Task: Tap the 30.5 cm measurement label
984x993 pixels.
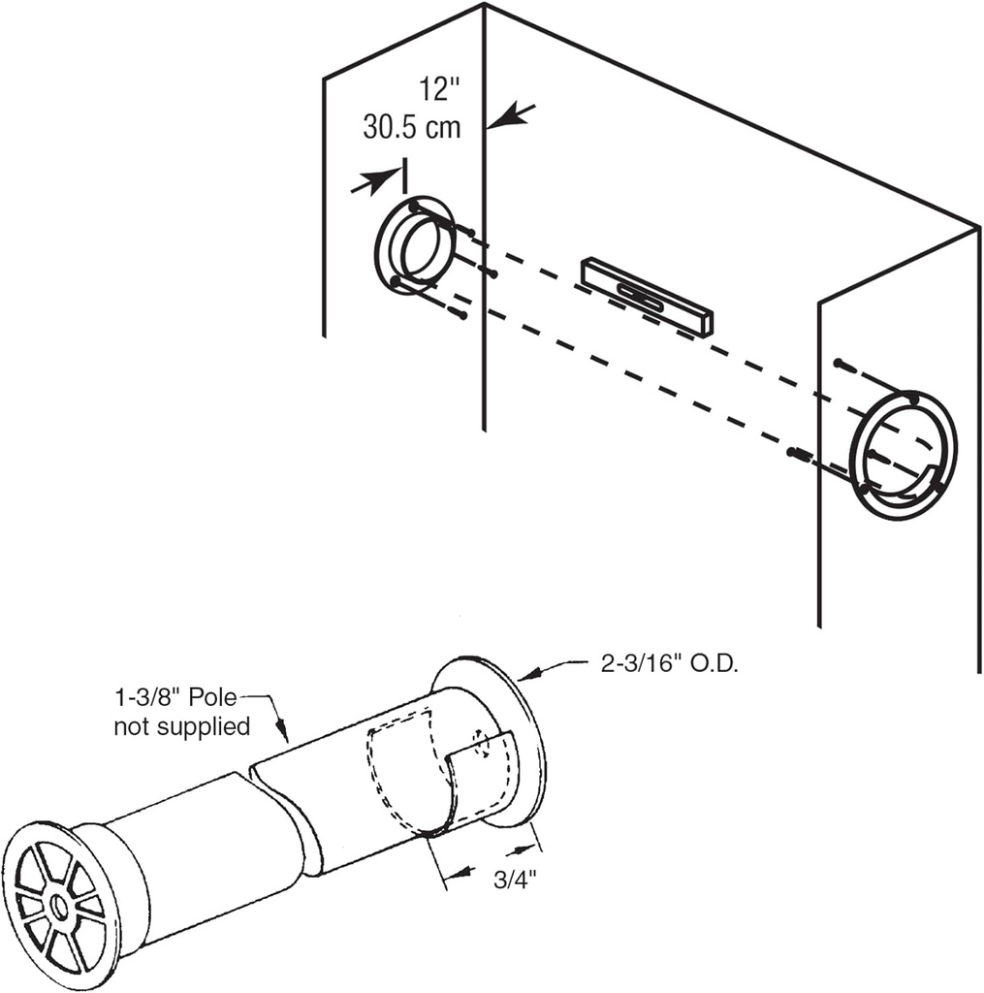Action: pyautogui.click(x=412, y=127)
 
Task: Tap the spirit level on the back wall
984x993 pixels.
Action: pyautogui.click(x=647, y=297)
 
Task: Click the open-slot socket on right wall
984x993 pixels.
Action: pyautogui.click(x=903, y=455)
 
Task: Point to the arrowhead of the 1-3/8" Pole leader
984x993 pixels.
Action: pyautogui.click(x=285, y=738)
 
